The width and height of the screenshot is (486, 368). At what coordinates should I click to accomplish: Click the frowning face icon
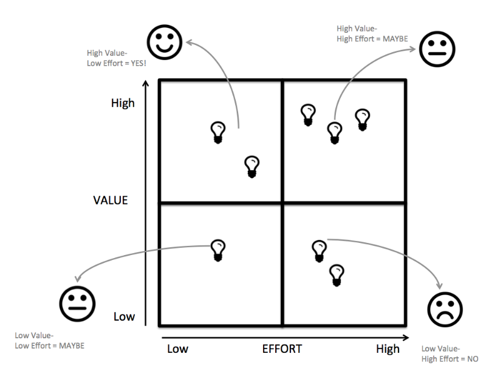pyautogui.click(x=445, y=310)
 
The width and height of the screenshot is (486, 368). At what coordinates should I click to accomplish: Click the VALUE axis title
pyautogui.click(x=110, y=200)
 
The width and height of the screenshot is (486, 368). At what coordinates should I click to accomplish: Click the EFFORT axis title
pyautogui.click(x=282, y=349)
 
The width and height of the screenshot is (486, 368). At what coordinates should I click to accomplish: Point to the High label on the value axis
pyautogui.click(x=123, y=103)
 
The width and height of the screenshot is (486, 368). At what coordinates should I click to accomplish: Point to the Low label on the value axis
pyautogui.click(x=123, y=316)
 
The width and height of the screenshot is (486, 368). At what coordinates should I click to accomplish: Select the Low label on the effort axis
pyautogui.click(x=177, y=349)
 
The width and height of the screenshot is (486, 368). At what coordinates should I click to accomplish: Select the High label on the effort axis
pyautogui.click(x=388, y=349)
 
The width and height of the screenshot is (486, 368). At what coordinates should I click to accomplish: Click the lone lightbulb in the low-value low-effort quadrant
pyautogui.click(x=217, y=250)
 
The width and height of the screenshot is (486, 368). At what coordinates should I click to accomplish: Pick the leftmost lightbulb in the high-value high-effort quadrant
pyautogui.click(x=309, y=115)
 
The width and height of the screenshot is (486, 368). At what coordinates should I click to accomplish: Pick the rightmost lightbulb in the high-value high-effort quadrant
pyautogui.click(x=363, y=119)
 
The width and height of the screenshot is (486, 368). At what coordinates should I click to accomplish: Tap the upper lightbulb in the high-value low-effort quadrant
pyautogui.click(x=217, y=132)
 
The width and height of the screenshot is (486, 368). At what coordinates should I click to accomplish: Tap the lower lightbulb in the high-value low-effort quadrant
pyautogui.click(x=252, y=166)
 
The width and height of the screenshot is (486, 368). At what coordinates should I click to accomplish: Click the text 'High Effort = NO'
pyautogui.click(x=450, y=359)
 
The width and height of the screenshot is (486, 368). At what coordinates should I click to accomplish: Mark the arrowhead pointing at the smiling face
pyautogui.click(x=188, y=42)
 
